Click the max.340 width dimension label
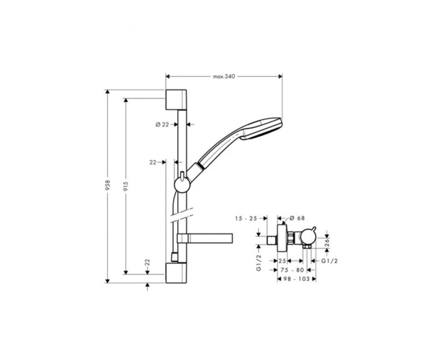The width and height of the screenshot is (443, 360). pos(225,77)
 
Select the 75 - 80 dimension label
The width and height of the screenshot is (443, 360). pos(292,270)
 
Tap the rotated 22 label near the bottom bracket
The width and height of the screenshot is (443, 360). pos(147,266)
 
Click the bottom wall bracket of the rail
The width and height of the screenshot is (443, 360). pos(177,274)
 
